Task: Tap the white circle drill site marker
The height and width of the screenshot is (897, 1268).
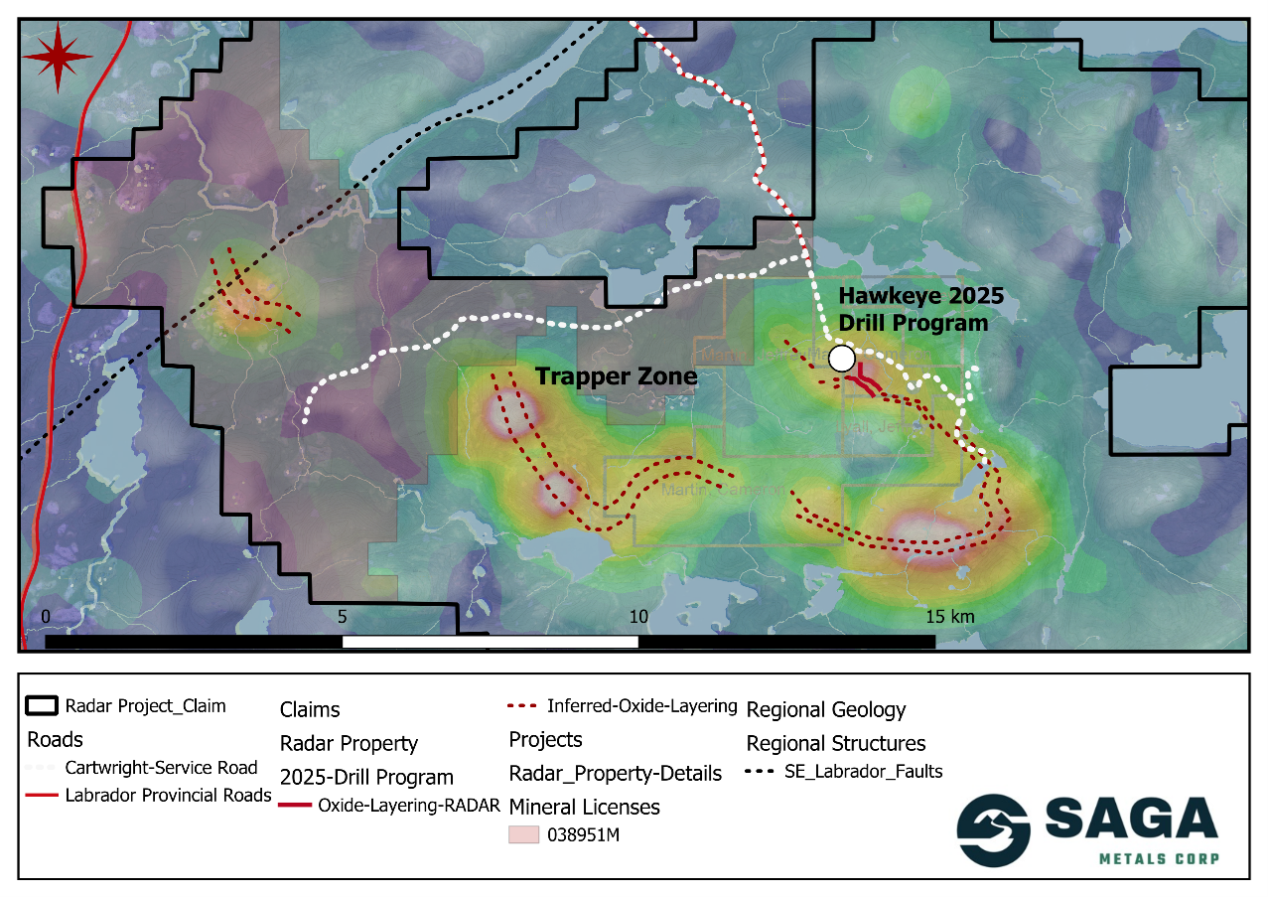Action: pos(842,358)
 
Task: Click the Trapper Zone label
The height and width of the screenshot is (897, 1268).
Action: pos(617,377)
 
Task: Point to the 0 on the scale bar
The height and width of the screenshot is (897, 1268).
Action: pos(45,617)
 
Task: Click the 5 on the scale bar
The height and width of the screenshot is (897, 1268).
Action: pos(342,617)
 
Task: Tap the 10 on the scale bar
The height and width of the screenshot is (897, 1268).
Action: pos(638,617)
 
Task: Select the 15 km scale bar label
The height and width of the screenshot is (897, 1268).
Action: pos(950,617)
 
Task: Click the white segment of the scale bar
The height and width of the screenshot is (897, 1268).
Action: pos(490,642)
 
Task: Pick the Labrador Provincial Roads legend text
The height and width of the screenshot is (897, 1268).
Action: pos(168,795)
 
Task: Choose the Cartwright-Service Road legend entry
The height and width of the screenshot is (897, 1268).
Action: pos(161,768)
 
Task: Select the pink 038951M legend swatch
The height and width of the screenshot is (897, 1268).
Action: pos(523,834)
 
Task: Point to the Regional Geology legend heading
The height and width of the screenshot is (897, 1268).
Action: pos(826,710)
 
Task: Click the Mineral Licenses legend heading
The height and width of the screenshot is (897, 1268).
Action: pos(584,806)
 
